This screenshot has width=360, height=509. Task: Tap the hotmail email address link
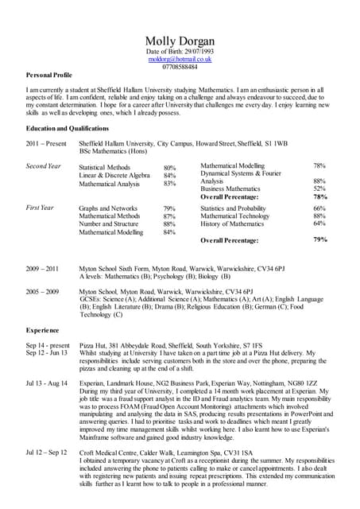pos(180,59)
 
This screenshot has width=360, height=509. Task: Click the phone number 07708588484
pos(180,67)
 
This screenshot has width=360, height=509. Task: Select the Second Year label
pos(44,166)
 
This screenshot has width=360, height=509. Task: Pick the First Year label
pos(40,208)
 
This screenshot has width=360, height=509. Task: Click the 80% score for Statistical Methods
pos(169,169)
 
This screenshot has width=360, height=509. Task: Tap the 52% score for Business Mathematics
pos(319,188)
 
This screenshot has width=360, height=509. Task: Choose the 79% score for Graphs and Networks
pos(169,208)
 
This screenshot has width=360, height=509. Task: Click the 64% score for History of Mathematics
pos(319,224)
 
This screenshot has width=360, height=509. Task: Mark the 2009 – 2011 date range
pos(43,270)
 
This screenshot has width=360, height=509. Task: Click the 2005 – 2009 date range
pos(43,292)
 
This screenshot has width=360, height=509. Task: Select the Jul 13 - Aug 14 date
pos(47,383)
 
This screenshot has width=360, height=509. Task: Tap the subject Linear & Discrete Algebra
pos(114,176)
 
